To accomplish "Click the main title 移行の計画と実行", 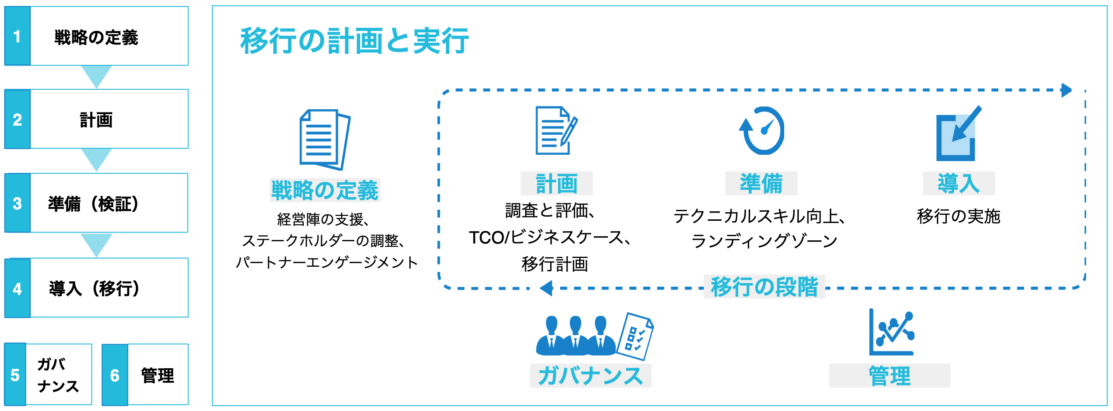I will click(354, 41).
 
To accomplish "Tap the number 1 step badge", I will click(17, 36).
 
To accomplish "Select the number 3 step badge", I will click(17, 203).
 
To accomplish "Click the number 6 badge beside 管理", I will click(115, 375).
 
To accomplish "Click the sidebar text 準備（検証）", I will click(94, 204).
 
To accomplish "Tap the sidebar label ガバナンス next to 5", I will click(58, 375).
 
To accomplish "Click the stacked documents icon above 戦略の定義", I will click(324, 139).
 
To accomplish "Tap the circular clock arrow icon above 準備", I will click(762, 131).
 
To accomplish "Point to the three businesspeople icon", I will click(576, 336).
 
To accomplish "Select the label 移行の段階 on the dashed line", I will click(764, 287).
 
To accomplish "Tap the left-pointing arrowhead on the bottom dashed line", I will click(546, 288).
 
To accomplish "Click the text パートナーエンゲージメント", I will click(327, 263).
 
